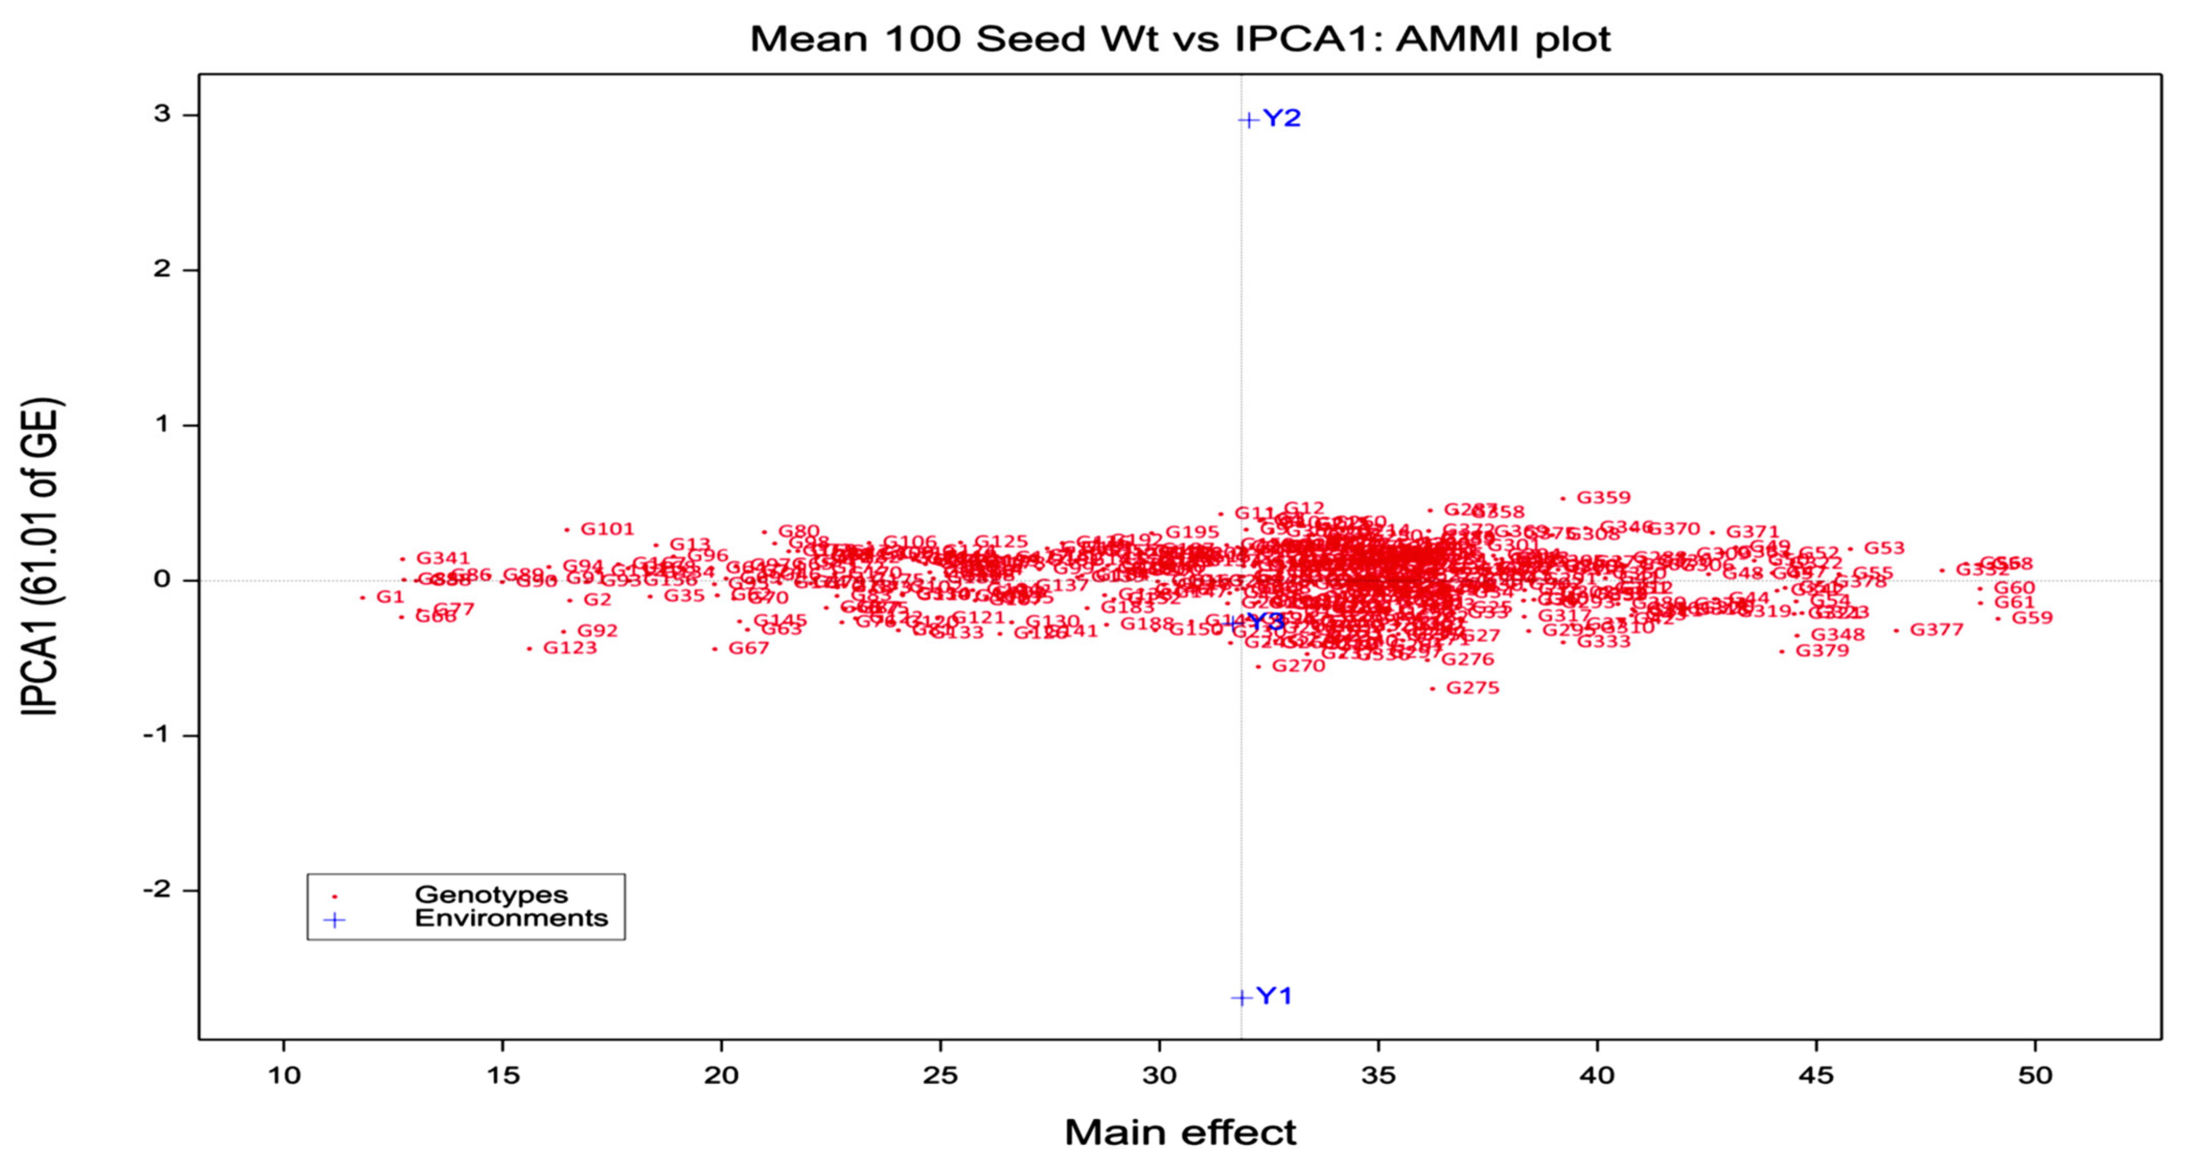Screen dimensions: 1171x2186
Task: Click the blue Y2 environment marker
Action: pyautogui.click(x=1247, y=119)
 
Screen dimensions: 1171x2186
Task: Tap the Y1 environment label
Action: pyautogui.click(x=1274, y=996)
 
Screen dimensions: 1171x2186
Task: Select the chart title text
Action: pyautogui.click(x=1180, y=39)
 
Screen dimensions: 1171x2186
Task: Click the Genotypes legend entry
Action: pyautogui.click(x=490, y=894)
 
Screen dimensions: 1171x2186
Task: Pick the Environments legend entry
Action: pyautogui.click(x=511, y=918)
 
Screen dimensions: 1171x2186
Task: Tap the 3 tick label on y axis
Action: pyautogui.click(x=162, y=114)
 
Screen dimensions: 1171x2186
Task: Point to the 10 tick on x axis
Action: pyautogui.click(x=284, y=1076)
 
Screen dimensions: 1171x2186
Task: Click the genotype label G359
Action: pyautogui.click(x=1603, y=498)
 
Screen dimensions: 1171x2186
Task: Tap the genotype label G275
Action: pyautogui.click(x=1473, y=688)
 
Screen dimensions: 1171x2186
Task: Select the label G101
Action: pyautogui.click(x=607, y=529)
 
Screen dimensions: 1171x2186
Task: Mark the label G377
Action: pyautogui.click(x=1937, y=630)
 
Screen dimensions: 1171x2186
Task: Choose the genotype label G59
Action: pyautogui.click(x=2031, y=618)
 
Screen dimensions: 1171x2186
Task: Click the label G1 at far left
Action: pyautogui.click(x=390, y=597)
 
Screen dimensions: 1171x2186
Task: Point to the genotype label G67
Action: pyautogui.click(x=749, y=648)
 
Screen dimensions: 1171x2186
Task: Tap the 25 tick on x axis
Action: pyautogui.click(x=940, y=1076)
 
